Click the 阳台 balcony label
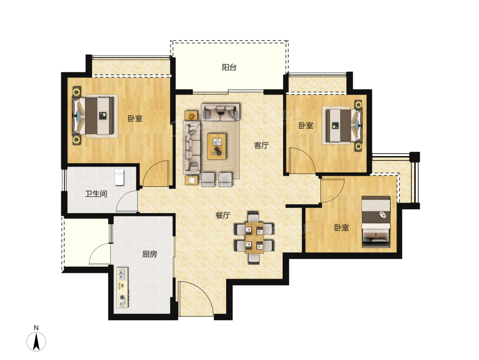(229, 67)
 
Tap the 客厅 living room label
(261, 146)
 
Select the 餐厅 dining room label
(223, 215)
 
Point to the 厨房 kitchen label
(149, 254)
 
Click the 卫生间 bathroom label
(96, 193)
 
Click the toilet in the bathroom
(119, 177)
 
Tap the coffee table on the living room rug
(217, 146)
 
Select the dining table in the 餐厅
(254, 237)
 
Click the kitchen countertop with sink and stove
(123, 287)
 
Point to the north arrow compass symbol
(36, 341)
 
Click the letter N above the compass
(36, 328)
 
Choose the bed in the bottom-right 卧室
(376, 222)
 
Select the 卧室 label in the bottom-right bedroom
(342, 227)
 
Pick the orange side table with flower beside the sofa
(191, 116)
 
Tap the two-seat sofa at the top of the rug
(220, 112)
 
